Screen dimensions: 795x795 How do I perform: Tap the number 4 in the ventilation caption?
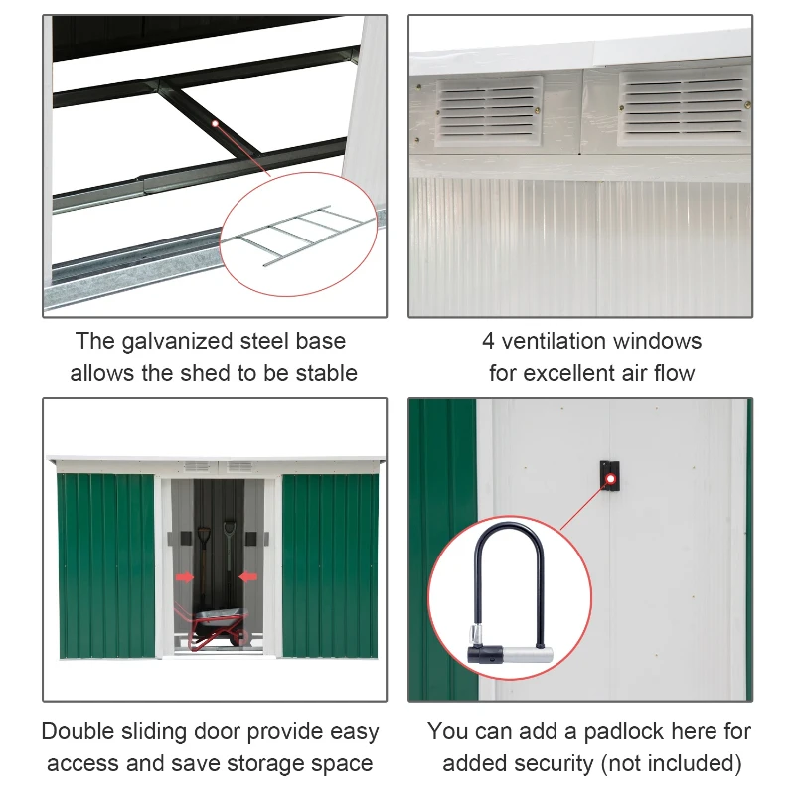488,342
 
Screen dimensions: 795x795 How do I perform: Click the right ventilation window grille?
684,104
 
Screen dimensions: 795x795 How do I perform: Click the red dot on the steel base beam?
215,123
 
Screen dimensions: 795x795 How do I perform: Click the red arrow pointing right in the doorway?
186,575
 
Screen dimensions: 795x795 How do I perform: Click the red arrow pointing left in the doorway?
247,575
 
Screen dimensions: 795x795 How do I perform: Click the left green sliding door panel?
106,564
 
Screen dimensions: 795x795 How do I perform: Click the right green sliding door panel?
329,564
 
